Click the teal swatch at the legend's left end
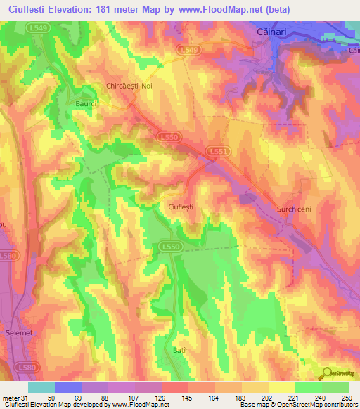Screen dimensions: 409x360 41,387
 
